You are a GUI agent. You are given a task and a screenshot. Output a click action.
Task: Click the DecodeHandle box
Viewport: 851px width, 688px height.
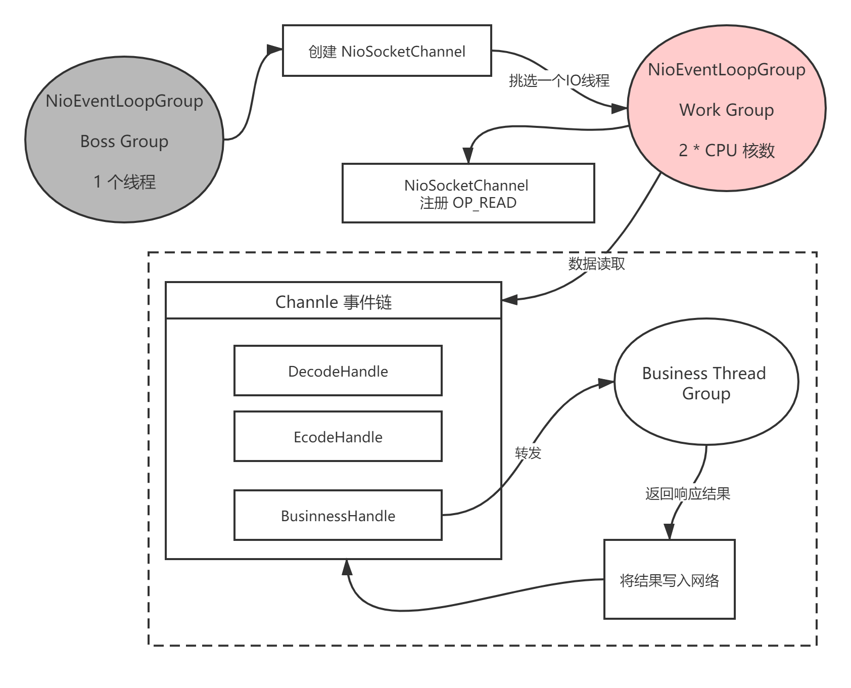coord(338,371)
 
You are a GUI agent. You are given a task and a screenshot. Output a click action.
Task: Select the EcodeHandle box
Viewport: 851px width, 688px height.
coord(338,437)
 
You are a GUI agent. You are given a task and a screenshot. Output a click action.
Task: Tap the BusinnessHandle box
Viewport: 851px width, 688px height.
coord(338,516)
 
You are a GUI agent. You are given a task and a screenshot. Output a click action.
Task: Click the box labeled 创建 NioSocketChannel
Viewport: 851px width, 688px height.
coord(387,51)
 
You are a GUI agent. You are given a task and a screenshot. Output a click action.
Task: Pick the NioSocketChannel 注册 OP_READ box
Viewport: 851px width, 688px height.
coord(468,194)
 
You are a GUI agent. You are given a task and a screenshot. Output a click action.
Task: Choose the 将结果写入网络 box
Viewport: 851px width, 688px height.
coord(669,580)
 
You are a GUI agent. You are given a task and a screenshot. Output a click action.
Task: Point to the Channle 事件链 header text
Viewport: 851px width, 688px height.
coord(334,302)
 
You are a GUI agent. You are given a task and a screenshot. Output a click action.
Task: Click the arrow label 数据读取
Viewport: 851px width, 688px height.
coord(596,263)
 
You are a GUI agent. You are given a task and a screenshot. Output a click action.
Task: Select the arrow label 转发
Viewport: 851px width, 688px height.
coord(528,453)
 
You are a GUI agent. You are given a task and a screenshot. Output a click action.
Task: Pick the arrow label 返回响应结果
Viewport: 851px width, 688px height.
coord(687,493)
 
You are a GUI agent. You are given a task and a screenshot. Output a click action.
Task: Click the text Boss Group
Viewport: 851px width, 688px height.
coord(124,141)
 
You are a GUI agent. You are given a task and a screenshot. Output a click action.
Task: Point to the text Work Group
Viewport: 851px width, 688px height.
coord(726,110)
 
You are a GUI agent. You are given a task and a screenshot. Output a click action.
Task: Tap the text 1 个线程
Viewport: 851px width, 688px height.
coord(124,181)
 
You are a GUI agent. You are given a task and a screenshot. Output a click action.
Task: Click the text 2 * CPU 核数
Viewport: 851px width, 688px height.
coord(726,150)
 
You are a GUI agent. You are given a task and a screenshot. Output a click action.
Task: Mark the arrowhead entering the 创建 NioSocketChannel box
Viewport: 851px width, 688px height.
coord(275,50)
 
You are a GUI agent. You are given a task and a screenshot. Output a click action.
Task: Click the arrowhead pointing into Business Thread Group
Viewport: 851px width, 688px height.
coord(606,383)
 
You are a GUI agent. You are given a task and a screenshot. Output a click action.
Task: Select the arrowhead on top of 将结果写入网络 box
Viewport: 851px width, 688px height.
coord(669,532)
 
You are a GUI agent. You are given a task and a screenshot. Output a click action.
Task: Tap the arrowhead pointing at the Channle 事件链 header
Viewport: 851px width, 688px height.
coord(509,299)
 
